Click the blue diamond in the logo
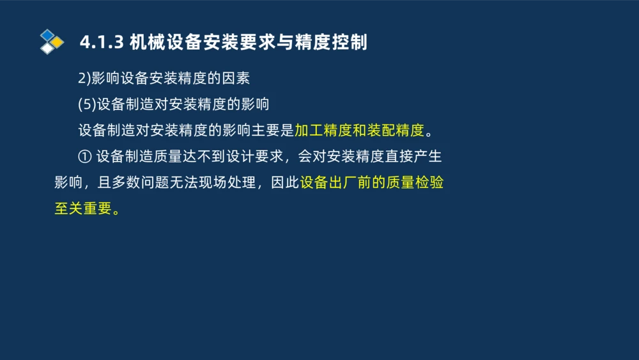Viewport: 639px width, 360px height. point(47,35)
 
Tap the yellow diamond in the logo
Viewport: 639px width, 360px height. point(58,42)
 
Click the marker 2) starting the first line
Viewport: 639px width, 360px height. point(84,79)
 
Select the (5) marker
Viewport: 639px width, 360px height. point(87,105)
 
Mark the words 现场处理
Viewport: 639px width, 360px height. point(227,183)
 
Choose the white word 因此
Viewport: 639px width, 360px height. point(284,183)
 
